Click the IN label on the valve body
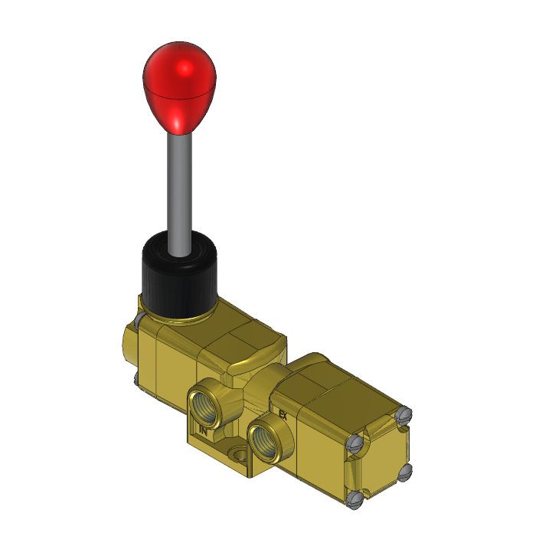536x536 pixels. [x=204, y=430]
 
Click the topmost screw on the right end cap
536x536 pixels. [x=406, y=415]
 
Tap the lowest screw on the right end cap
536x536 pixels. [x=353, y=501]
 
